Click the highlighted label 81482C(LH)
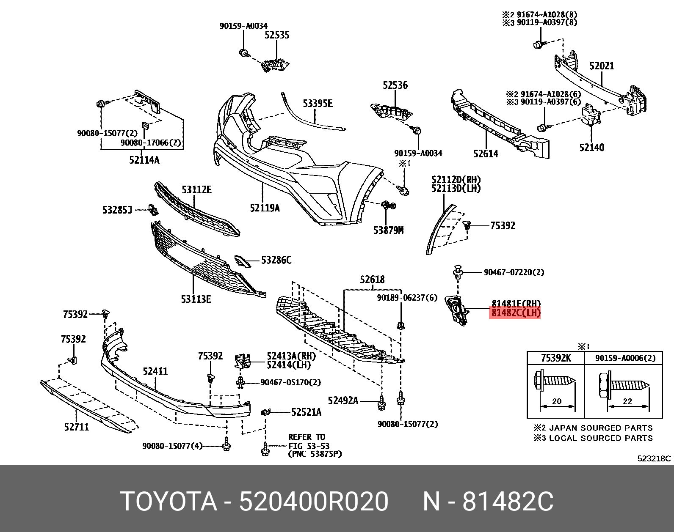pos(515,313)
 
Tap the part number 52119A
pos(265,208)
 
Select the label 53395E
pos(318,103)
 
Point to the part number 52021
pos(602,66)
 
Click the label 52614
pos(486,154)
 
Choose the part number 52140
pos(591,147)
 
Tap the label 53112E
pos(197,189)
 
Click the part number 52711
pos(77,427)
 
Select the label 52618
pos(372,279)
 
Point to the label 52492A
pos(343,400)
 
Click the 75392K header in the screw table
pos(556,358)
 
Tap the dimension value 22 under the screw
pos(627,401)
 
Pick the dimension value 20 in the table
pos(557,401)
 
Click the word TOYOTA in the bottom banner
pos(168,502)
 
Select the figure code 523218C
pos(654,458)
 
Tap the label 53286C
pos(276,260)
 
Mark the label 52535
pos(277,35)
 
